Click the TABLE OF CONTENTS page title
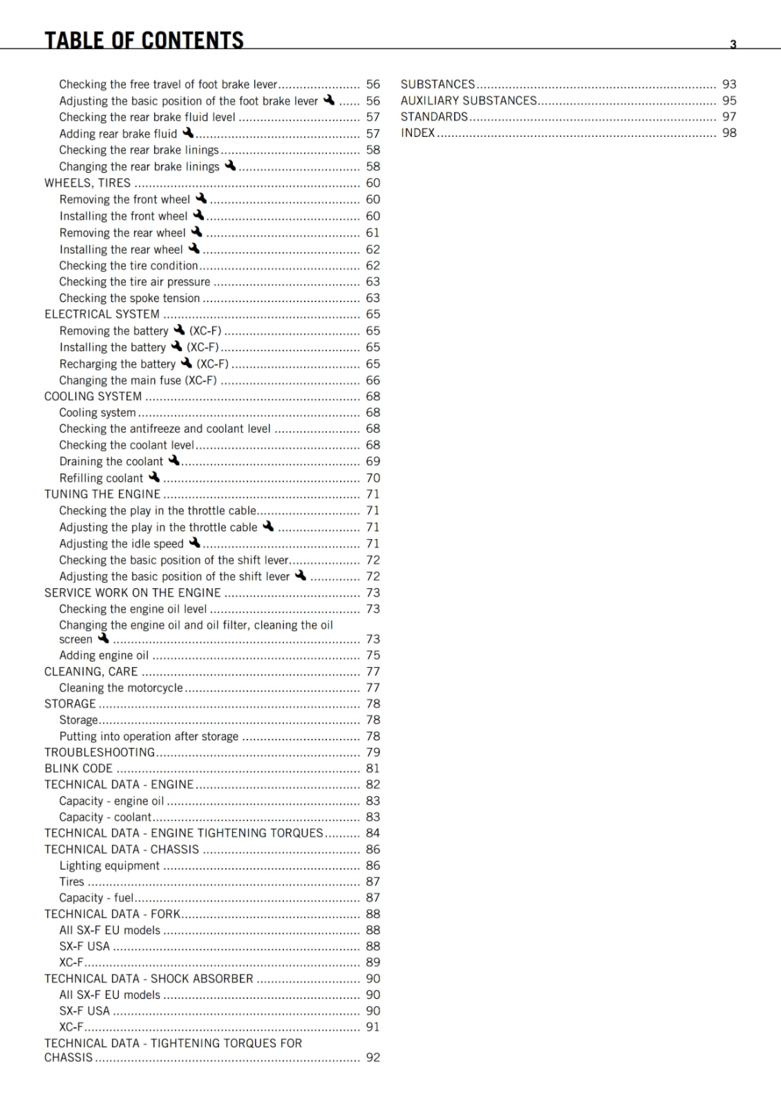(144, 40)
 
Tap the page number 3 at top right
(733, 44)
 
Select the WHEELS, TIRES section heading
(88, 183)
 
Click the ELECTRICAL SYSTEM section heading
(102, 315)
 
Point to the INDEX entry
(418, 133)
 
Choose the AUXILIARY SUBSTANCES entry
(469, 101)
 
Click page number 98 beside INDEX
(729, 133)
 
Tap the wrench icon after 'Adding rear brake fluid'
(188, 133)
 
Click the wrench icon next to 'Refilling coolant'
(154, 477)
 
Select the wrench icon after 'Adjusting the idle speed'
(195, 543)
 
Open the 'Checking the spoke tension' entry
(129, 299)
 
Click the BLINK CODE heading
(79, 769)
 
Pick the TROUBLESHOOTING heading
(100, 753)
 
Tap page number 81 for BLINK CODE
(373, 769)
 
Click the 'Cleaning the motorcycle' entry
(121, 688)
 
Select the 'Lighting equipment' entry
(109, 866)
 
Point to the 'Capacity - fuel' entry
(96, 898)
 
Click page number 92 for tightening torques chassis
(373, 1058)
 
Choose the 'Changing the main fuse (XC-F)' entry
(138, 381)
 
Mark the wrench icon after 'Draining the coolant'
(174, 460)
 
